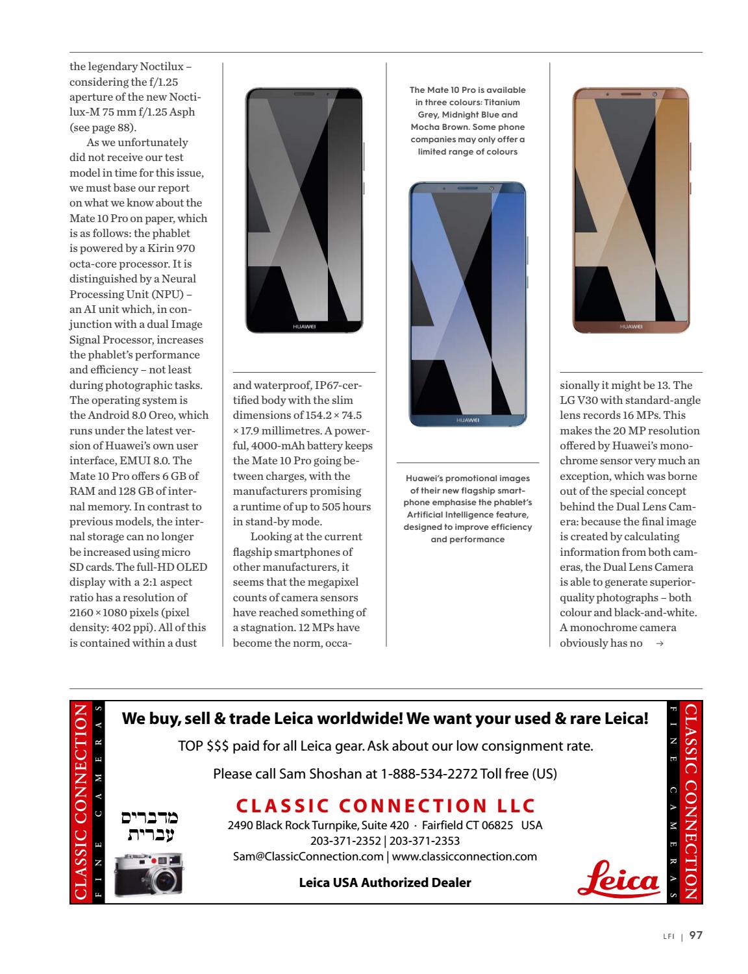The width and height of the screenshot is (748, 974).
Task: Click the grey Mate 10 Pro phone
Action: tap(304, 210)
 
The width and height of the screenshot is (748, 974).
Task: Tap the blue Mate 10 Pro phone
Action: tap(467, 304)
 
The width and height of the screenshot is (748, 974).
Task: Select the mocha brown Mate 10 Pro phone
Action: tap(630, 210)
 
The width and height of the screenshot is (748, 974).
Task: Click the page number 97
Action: tap(695, 936)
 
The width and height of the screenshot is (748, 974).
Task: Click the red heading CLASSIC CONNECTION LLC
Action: tap(386, 806)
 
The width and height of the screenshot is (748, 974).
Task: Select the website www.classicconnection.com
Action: tap(464, 856)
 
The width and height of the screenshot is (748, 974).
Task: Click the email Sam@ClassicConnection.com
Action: tap(308, 856)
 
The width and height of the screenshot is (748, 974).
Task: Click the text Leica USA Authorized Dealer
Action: tap(384, 882)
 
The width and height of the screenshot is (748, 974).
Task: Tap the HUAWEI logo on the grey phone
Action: tap(304, 327)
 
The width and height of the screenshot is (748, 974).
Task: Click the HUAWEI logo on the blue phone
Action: tap(467, 421)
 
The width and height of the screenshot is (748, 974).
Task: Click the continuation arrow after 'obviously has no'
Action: tap(660, 643)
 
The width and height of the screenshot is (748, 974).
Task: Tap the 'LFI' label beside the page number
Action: tap(669, 936)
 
